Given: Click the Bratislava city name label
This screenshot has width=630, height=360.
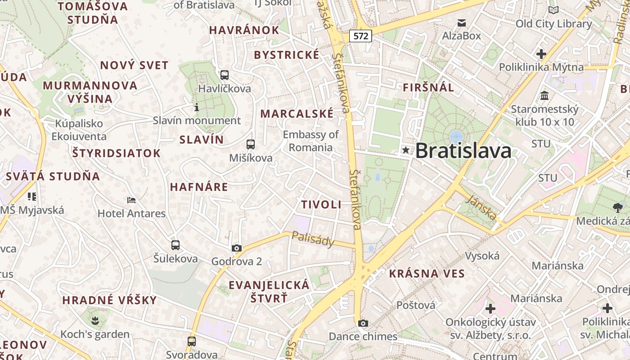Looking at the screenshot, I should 463,151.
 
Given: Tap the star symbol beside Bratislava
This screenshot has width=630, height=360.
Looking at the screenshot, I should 406,150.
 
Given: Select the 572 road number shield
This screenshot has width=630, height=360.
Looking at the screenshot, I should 361,36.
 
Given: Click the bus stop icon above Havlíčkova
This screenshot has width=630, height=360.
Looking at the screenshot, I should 224,75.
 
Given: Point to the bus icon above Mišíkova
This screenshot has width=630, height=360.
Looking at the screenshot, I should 251,144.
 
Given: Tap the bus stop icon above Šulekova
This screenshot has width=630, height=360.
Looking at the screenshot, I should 175,245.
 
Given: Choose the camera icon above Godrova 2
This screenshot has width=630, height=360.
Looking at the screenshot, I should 236,248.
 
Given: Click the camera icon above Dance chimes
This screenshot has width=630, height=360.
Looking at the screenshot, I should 363,323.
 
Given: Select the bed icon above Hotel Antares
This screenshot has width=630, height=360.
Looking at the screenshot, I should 131,200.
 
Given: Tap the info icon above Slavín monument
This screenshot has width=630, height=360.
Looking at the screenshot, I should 196,107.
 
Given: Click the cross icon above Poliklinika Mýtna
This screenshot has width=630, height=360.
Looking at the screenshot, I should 541,54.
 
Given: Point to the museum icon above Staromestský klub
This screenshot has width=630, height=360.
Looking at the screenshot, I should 544,95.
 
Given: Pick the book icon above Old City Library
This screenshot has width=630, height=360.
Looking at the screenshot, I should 553,10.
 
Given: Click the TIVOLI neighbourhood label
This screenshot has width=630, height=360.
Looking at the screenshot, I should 321,204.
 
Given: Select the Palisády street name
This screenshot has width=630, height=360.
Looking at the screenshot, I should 313,239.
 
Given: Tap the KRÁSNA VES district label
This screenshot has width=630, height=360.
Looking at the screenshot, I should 427,273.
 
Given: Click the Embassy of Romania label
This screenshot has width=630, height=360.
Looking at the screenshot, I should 310,141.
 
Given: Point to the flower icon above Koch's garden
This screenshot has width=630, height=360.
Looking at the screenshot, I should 95,321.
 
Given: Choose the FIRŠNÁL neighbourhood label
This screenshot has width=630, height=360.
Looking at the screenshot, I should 428,87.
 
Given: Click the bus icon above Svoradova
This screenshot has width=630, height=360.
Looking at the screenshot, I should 192,341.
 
